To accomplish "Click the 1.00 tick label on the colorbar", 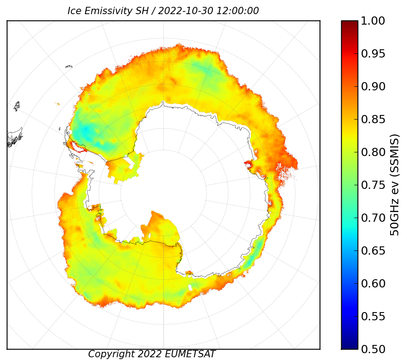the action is pos(373,21).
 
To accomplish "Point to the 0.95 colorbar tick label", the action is pos(373,54).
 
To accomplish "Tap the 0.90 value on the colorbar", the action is pos(373,86).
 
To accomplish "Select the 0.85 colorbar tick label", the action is pos(373,119).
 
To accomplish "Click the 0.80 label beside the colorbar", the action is pos(373,152).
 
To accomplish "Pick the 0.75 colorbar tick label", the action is pos(373,185).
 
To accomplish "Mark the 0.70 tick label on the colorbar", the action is pos(373,218).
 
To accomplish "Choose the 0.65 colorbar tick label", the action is pos(373,250).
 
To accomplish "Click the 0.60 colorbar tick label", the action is pos(373,283).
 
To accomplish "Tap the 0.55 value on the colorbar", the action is pos(373,317).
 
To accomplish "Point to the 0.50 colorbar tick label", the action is pos(373,349).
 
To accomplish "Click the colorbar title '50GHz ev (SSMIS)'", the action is pos(394,185).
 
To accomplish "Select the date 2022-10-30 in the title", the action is pos(185,11).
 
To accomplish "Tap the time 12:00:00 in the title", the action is pos(238,11).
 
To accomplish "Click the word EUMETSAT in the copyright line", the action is pos(191,354).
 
